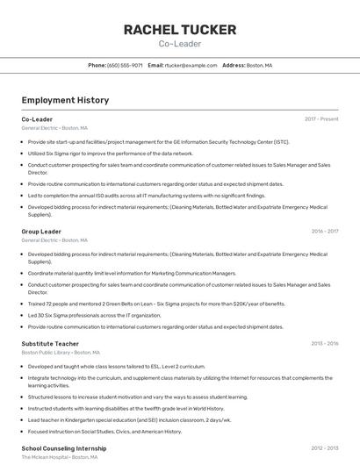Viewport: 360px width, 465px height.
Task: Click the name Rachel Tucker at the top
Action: [x=180, y=30]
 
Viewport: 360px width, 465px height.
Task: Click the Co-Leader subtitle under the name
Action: [x=180, y=43]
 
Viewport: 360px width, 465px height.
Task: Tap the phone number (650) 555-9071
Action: [x=125, y=65]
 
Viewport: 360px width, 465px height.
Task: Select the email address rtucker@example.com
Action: [x=191, y=65]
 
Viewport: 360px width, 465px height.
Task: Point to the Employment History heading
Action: [x=65, y=100]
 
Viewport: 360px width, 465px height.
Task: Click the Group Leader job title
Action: [x=41, y=232]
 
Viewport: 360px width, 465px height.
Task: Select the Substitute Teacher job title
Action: [x=50, y=344]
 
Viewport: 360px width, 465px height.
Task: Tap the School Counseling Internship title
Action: [x=63, y=448]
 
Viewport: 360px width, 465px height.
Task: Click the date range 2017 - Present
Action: [x=321, y=118]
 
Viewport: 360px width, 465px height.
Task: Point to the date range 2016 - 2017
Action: [x=324, y=232]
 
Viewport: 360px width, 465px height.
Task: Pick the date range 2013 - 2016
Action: [x=324, y=344]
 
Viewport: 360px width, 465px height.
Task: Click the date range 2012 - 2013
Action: [x=324, y=448]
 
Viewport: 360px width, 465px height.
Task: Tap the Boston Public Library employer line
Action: [x=55, y=353]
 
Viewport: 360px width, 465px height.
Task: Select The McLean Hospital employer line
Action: [x=59, y=457]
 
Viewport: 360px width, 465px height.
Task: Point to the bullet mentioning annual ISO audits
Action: [x=133, y=196]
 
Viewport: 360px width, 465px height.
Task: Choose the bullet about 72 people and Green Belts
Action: [x=156, y=304]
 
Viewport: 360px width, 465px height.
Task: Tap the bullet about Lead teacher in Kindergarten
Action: [x=128, y=419]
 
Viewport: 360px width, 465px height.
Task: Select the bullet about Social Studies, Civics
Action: [x=104, y=431]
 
